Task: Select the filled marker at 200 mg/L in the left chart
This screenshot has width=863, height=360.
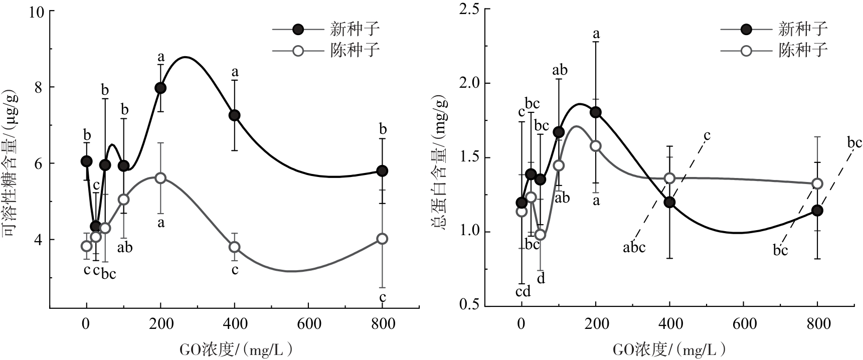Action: pyautogui.click(x=160, y=88)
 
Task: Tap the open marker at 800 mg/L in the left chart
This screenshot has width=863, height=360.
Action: pyautogui.click(x=383, y=239)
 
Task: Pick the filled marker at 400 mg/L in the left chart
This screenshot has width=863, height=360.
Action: pyautogui.click(x=234, y=115)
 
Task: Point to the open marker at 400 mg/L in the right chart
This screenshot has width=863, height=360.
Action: pyautogui.click(x=669, y=178)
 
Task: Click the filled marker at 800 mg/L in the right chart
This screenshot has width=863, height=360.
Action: pyautogui.click(x=817, y=211)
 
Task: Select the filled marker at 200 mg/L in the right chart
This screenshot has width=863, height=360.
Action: pyautogui.click(x=596, y=112)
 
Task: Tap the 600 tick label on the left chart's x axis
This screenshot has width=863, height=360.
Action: pyautogui.click(x=308, y=324)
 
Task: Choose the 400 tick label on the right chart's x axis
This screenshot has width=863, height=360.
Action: pyautogui.click(x=669, y=324)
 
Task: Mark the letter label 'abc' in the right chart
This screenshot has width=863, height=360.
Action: pyautogui.click(x=634, y=247)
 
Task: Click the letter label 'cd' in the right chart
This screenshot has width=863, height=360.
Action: pyautogui.click(x=523, y=292)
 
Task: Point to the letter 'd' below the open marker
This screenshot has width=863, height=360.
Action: pyautogui.click(x=541, y=278)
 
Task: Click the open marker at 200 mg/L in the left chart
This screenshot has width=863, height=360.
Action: pyautogui.click(x=160, y=178)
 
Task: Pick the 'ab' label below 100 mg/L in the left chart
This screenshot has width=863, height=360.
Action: pyautogui.click(x=125, y=247)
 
